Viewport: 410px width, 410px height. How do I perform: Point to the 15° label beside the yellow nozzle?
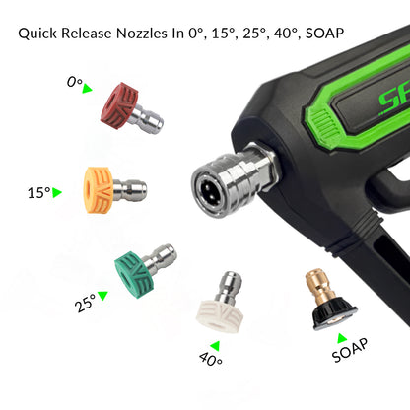(x=38, y=193)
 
